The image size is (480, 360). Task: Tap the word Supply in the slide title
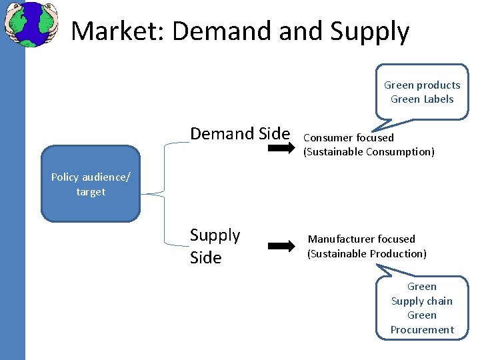pos(369,31)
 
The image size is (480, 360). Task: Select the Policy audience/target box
pos(91,184)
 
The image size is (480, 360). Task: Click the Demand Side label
pos(240,133)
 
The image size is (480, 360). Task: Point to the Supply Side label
pos(215,246)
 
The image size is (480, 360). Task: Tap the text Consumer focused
pos(348,138)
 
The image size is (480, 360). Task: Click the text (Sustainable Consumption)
pos(369,152)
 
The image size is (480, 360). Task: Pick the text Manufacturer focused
pos(361,239)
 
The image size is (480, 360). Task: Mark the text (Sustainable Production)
pos(367,253)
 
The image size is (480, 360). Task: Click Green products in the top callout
pos(422,85)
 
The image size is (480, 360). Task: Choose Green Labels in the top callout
pos(422,99)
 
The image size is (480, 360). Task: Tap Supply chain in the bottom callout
pos(421,301)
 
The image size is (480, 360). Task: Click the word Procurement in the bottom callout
pos(422,329)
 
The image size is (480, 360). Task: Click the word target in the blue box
pos(91,192)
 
